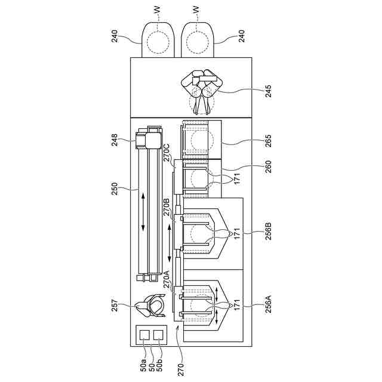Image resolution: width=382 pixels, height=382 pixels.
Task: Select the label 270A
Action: (168, 279)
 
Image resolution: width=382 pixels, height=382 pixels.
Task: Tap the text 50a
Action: (144, 363)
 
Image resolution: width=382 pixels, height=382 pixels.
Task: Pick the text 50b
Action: (159, 363)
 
